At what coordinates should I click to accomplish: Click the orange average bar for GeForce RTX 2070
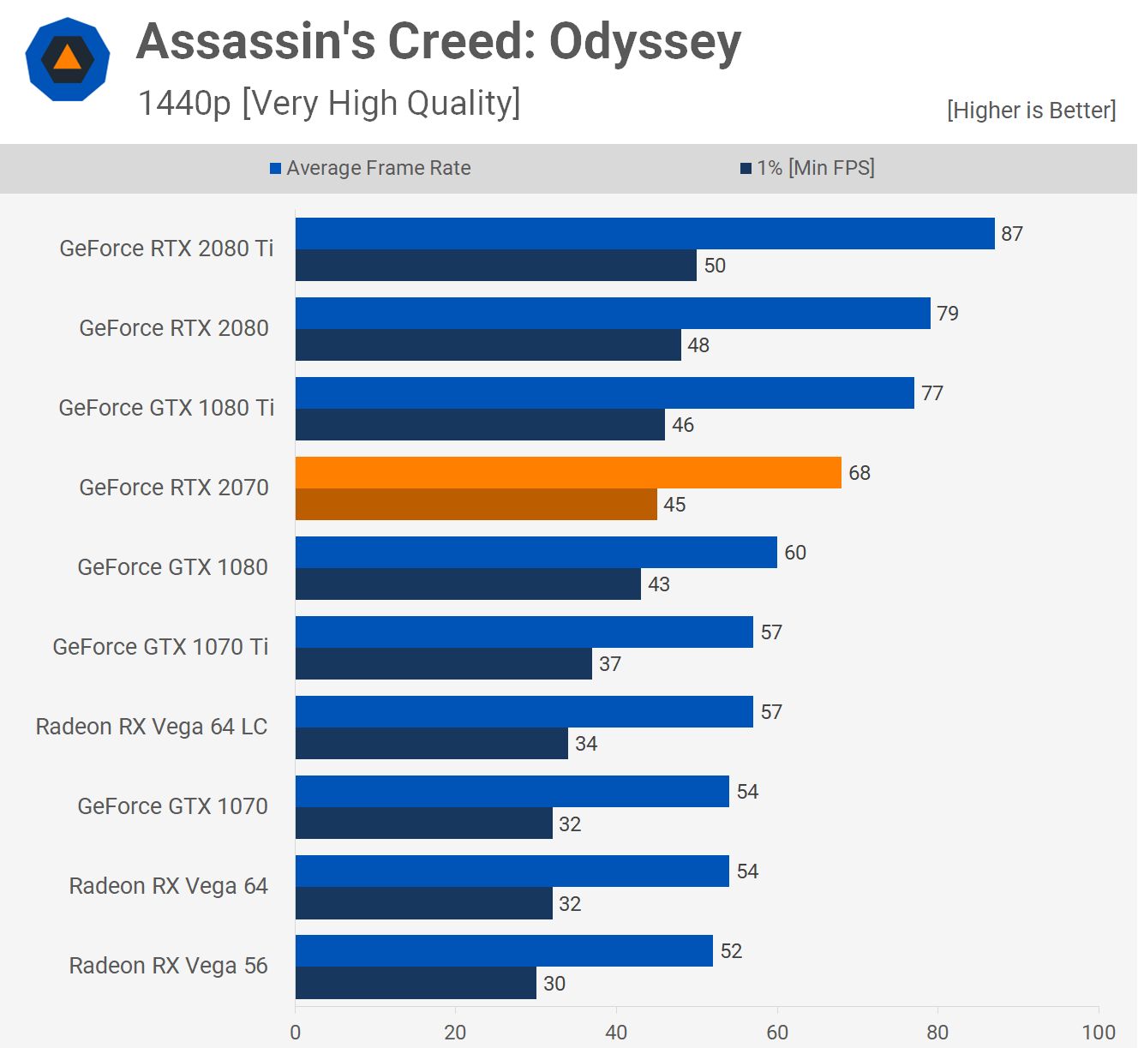click(568, 473)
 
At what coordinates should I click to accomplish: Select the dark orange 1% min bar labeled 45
click(476, 505)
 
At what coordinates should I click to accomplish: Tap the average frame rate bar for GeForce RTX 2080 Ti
click(644, 234)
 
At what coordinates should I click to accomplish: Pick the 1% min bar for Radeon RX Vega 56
click(416, 983)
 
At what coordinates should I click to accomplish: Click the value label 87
click(1012, 234)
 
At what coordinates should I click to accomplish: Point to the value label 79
click(948, 314)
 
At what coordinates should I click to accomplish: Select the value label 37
click(610, 664)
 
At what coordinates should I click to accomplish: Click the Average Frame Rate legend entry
click(370, 168)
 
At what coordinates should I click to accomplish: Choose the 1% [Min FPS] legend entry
click(807, 168)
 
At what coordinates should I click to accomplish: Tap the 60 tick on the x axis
click(777, 1032)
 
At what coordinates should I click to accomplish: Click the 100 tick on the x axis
click(1098, 1032)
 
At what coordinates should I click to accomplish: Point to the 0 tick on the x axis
click(296, 1032)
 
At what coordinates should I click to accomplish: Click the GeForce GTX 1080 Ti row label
click(166, 408)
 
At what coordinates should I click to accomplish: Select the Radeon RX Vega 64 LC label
click(152, 727)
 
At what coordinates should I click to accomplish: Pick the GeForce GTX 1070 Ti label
click(160, 647)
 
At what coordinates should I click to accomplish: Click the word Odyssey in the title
click(644, 43)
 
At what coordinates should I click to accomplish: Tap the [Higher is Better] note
click(1031, 111)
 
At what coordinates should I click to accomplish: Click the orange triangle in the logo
click(67, 58)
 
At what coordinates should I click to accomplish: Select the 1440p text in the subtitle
click(184, 103)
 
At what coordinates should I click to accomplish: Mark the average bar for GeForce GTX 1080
click(536, 553)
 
